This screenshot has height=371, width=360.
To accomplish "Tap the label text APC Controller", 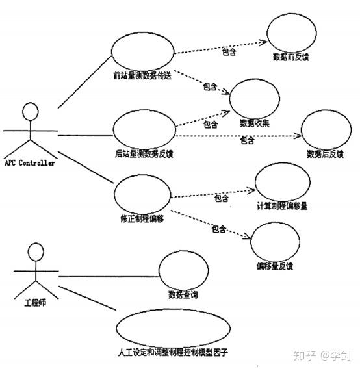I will click(30, 163).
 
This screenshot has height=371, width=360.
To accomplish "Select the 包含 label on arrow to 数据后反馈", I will click(247, 140).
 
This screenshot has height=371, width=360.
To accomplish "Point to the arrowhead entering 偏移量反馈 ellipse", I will click(250, 238).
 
